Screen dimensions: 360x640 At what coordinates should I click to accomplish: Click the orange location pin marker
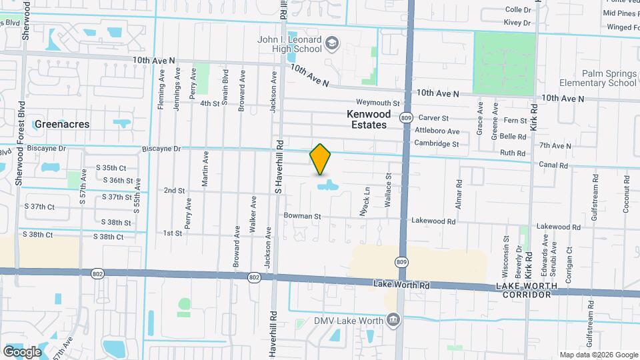point(320,159)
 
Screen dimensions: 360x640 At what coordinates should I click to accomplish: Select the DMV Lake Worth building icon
point(393,321)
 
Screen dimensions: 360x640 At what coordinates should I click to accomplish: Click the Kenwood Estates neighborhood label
point(367,119)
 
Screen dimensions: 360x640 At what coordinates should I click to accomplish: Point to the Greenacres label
point(61,124)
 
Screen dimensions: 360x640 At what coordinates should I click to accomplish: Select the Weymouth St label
point(377,103)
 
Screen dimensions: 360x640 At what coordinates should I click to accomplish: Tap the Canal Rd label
point(554,165)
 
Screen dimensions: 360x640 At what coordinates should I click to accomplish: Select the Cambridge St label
point(437,143)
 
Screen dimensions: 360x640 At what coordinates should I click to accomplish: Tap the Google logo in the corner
point(22,351)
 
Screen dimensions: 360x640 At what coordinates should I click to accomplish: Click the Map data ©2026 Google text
point(598,355)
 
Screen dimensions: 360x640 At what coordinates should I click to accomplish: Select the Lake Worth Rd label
point(402,285)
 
